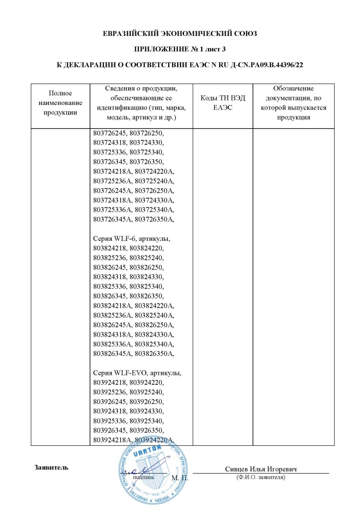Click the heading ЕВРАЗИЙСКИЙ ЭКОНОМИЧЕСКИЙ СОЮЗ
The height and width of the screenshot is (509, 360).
coord(180,34)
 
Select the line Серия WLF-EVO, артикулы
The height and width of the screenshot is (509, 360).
coord(136,373)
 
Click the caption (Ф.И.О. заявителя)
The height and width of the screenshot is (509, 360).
coord(260,478)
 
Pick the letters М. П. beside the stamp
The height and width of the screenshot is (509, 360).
coord(180,478)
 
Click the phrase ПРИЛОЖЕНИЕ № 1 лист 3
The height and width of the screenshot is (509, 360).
coord(180,49)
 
